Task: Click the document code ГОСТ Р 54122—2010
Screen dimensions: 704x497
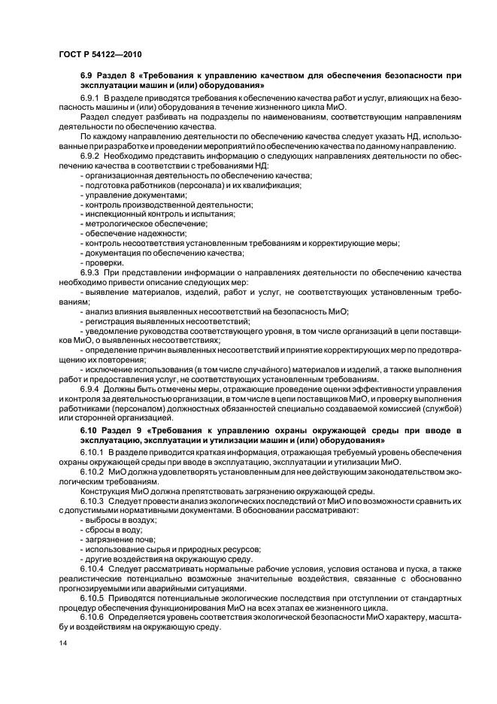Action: click(x=99, y=55)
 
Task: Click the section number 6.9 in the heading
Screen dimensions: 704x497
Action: click(x=88, y=77)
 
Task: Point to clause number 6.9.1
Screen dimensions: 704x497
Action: click(x=91, y=99)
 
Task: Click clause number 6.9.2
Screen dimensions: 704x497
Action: click(x=91, y=154)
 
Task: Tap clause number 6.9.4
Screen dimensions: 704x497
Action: click(x=91, y=389)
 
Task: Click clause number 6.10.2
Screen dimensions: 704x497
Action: click(x=93, y=470)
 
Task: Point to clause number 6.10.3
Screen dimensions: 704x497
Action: click(x=93, y=500)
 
